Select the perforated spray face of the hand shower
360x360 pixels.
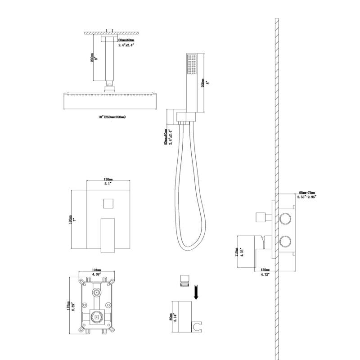click(191, 65)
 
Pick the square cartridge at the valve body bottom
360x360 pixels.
click(95, 318)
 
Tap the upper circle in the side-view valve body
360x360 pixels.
click(284, 219)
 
